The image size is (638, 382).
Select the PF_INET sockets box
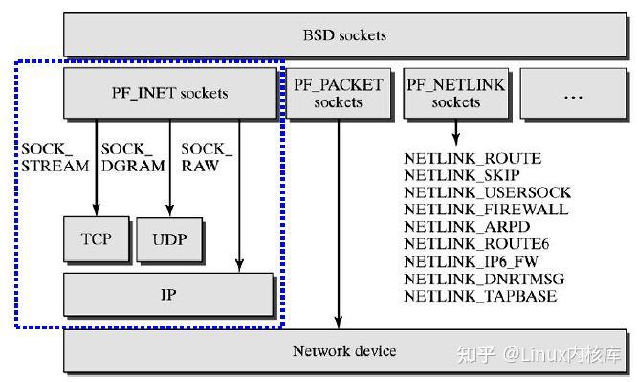point(169,93)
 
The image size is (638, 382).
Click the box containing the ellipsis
point(573,93)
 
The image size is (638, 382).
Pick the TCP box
point(96,238)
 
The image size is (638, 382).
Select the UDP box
point(170,238)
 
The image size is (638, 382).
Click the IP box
point(169,295)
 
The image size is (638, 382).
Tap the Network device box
point(343,351)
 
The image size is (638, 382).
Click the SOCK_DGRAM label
point(128,157)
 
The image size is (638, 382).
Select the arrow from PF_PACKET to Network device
point(338,220)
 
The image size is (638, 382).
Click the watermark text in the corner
point(540,355)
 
